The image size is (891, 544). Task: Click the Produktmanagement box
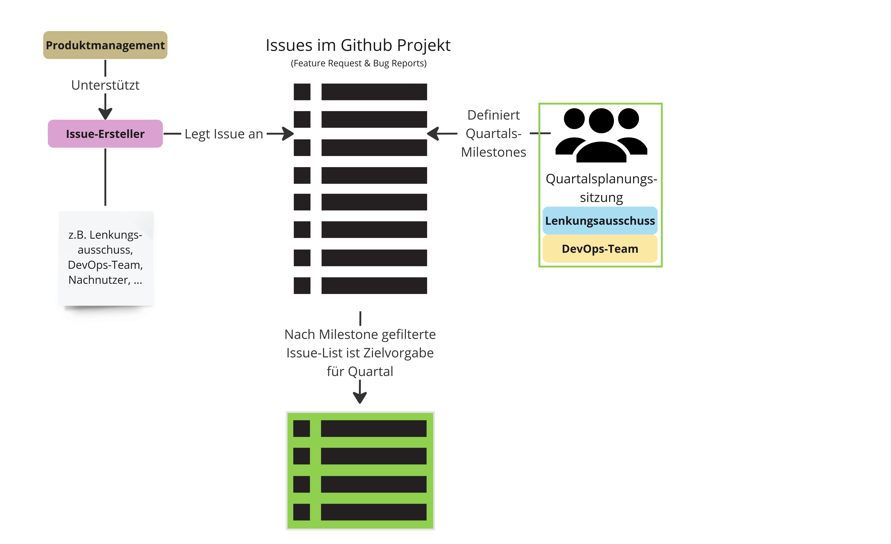[105, 45]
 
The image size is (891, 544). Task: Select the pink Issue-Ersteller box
[105, 134]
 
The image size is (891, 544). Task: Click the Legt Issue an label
[224, 134]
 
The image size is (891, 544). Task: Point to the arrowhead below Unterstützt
[105, 114]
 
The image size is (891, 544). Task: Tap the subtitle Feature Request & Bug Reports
[359, 63]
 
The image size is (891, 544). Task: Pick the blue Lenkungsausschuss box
[600, 221]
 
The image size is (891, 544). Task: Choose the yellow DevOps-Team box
[600, 249]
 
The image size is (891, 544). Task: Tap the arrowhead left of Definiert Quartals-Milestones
[433, 134]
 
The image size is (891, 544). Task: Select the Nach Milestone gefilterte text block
[360, 353]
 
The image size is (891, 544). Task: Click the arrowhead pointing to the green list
[360, 397]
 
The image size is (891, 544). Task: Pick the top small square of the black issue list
[302, 92]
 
